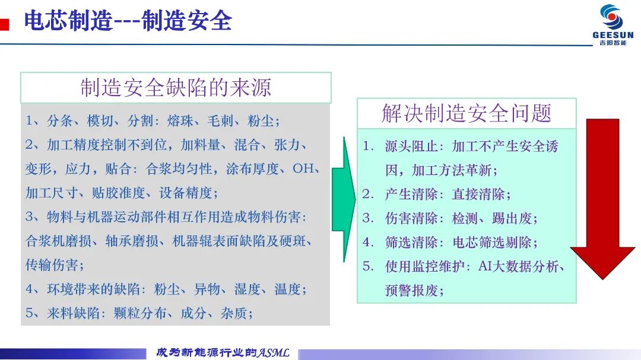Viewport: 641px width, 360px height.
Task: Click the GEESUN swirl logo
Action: [x=612, y=17]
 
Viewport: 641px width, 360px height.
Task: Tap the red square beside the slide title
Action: [x=5, y=24]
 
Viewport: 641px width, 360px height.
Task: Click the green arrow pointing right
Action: [x=344, y=199]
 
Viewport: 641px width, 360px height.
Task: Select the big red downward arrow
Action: [x=602, y=199]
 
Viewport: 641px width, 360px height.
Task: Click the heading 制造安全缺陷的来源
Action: [x=176, y=87]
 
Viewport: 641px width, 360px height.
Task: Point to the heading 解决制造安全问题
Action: [x=467, y=113]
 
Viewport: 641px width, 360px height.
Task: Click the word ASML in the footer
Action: [x=273, y=353]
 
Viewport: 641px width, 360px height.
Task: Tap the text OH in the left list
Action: [x=303, y=168]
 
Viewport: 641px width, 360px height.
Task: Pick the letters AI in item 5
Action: [x=485, y=266]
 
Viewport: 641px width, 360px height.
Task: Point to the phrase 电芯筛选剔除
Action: [x=492, y=243]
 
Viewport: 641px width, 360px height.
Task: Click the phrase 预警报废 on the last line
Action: [x=411, y=291]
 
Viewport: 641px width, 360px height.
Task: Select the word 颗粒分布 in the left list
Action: [x=140, y=313]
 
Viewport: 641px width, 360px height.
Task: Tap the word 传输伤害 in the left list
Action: [x=52, y=265]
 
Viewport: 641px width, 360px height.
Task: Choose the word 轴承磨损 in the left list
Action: [x=132, y=241]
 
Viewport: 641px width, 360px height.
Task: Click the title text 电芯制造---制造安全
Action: [x=128, y=20]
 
